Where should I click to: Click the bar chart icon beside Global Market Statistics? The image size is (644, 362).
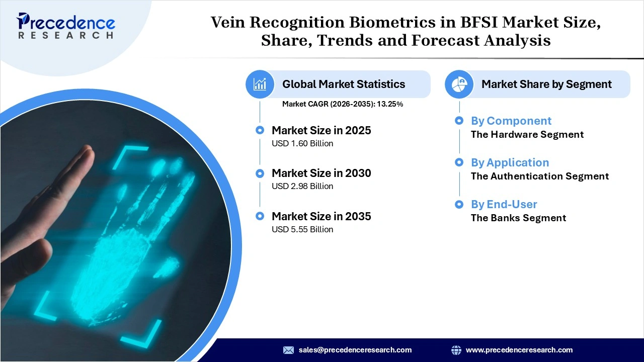click(260, 84)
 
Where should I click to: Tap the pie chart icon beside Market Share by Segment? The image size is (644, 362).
click(459, 84)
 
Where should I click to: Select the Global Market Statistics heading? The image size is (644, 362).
click(344, 84)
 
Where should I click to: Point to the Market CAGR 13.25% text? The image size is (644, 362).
click(343, 104)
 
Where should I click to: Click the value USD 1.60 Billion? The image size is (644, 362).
click(302, 143)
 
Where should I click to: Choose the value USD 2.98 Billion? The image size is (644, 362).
click(302, 186)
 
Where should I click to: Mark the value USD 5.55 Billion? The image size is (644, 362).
click(302, 229)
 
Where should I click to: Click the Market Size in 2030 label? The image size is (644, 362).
click(321, 173)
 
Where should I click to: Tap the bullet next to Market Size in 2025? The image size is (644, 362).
click(260, 130)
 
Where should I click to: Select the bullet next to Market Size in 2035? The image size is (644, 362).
click(260, 216)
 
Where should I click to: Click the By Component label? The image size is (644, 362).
click(511, 121)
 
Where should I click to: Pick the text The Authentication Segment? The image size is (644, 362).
click(540, 176)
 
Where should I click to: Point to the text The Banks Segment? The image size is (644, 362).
click(518, 218)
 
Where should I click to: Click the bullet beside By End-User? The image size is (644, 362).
click(459, 204)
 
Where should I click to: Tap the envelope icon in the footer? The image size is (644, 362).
click(288, 350)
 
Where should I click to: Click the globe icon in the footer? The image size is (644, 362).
click(456, 350)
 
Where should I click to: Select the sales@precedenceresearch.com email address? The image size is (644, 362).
click(355, 350)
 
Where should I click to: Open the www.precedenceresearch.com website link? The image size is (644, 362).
click(519, 350)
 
